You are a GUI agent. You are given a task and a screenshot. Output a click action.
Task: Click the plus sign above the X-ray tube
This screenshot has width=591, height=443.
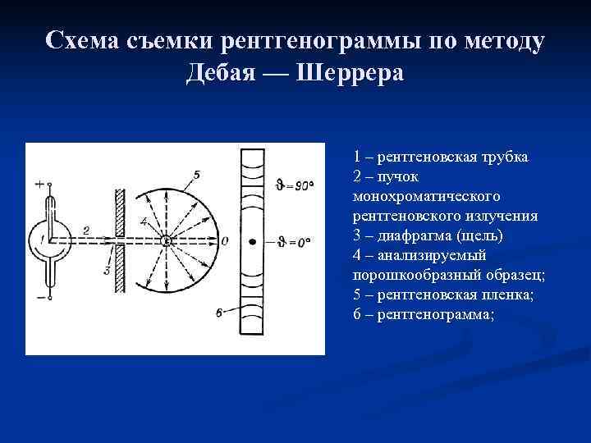pos(39,185)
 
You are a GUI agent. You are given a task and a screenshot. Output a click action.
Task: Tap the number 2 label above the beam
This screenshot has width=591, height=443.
pos(86,231)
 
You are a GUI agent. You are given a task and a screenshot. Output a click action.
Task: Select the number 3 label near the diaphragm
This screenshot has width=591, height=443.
pos(108,270)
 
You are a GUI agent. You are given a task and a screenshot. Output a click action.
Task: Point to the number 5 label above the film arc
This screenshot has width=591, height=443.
pos(196,174)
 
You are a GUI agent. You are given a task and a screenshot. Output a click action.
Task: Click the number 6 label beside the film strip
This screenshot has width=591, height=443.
pos(218,312)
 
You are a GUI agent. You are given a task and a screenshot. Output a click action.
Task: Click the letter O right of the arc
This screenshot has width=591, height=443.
pos(225,240)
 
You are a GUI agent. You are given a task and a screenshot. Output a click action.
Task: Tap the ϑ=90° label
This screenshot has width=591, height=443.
pos(295,186)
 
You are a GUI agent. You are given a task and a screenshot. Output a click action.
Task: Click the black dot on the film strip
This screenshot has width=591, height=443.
pos(253,241)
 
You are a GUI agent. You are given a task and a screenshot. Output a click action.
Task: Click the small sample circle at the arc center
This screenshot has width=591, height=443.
pos(166,240)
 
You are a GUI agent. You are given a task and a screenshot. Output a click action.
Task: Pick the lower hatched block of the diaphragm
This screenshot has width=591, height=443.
pos(120,269)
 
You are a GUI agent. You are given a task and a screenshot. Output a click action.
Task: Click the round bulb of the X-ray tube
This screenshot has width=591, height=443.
pos(41,240)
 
